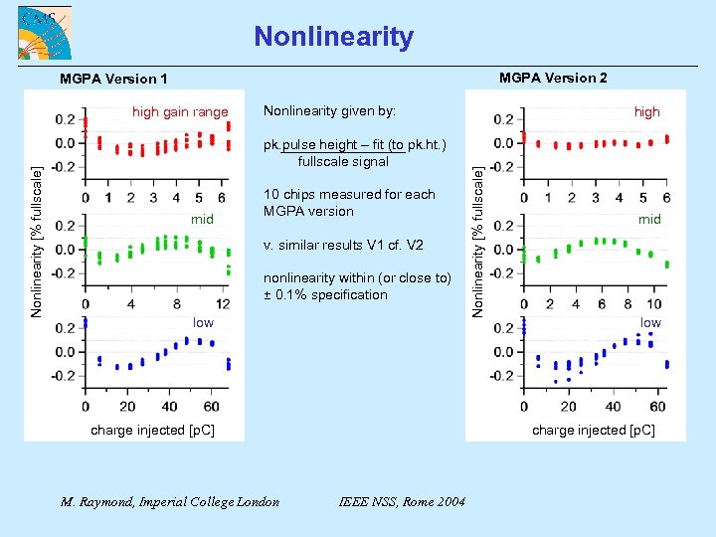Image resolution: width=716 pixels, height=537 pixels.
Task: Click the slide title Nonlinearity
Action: (333, 37)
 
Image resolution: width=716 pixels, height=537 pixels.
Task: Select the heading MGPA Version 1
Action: (114, 79)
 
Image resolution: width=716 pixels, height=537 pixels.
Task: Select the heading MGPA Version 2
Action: (554, 78)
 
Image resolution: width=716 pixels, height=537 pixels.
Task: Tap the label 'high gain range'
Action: (180, 112)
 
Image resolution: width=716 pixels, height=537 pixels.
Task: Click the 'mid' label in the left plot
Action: (203, 219)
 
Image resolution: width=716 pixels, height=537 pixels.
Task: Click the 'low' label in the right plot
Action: (650, 322)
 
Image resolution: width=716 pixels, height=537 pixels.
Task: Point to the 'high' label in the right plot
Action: (647, 112)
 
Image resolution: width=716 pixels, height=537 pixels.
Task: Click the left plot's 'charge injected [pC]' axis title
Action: (152, 430)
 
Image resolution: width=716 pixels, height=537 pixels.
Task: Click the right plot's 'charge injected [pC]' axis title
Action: (594, 430)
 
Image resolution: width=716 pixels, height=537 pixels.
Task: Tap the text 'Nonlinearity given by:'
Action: (328, 110)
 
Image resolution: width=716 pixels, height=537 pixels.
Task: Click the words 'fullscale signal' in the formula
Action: (343, 161)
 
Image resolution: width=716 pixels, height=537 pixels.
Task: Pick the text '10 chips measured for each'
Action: (349, 194)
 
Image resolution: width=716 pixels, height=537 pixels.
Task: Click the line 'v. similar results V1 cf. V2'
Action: (343, 245)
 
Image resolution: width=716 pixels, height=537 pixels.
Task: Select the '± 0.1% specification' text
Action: (325, 294)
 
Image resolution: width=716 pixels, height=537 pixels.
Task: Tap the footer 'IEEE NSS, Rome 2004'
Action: (402, 501)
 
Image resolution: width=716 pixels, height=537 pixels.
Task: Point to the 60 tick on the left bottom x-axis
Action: (211, 406)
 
